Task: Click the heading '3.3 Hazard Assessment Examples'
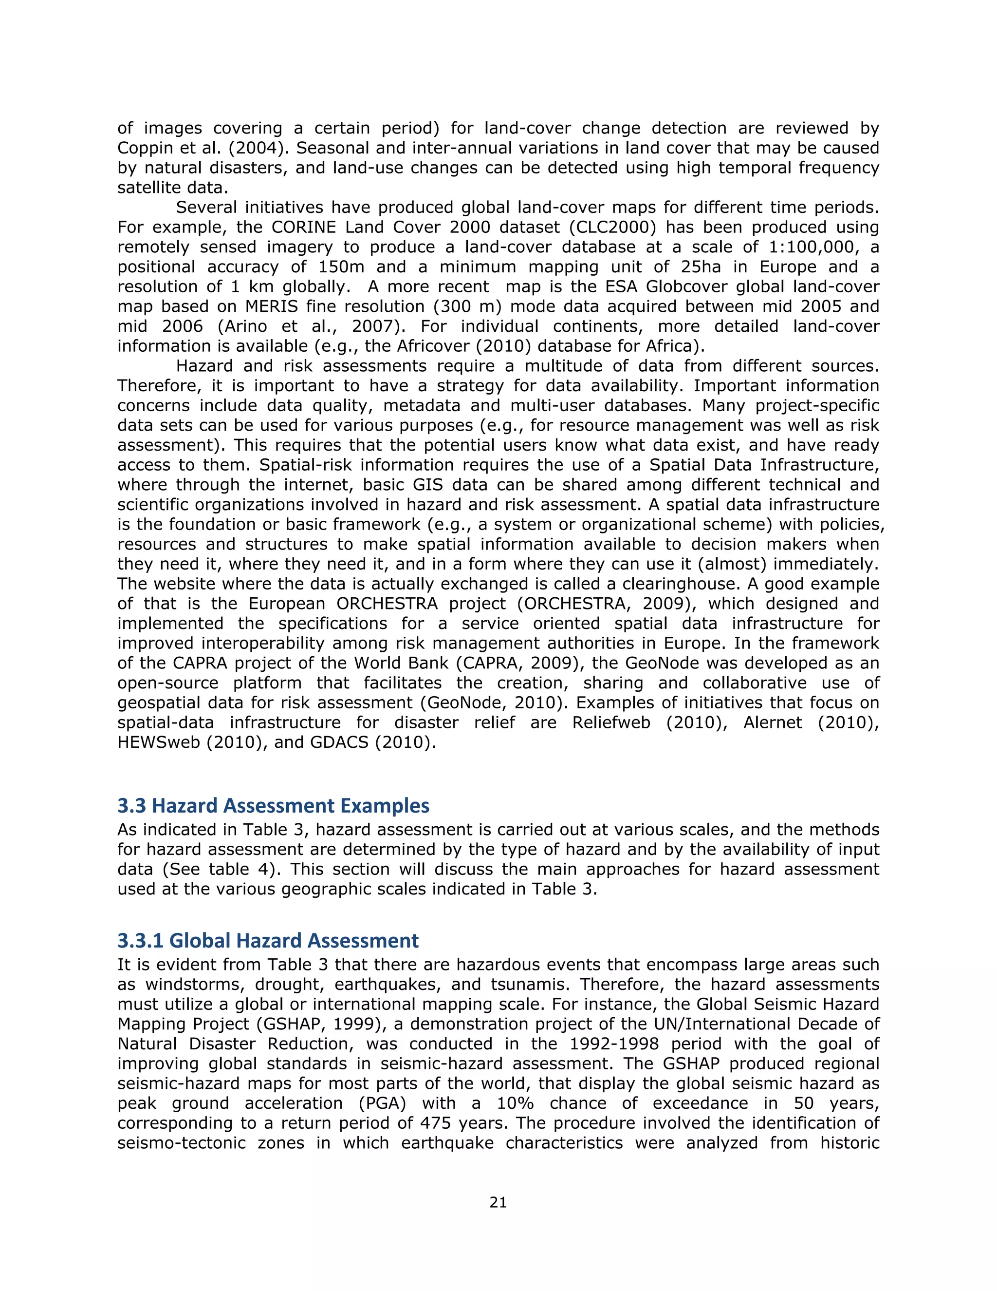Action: [x=273, y=806]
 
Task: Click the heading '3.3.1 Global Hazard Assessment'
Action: [x=268, y=940]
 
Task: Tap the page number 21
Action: [x=498, y=1202]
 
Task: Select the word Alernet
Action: [x=772, y=723]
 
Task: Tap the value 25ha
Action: [x=701, y=267]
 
